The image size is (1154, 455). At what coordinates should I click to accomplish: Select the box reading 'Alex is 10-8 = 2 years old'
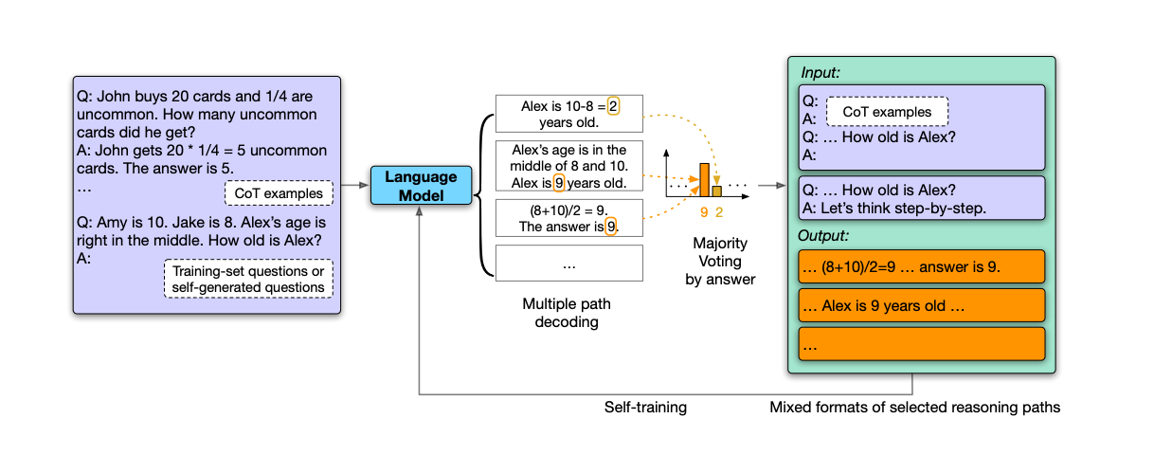coord(568,115)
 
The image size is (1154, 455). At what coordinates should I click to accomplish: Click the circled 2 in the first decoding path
coord(613,106)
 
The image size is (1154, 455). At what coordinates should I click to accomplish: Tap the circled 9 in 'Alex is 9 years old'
coord(559,183)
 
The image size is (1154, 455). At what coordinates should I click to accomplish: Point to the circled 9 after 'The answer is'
coord(611,227)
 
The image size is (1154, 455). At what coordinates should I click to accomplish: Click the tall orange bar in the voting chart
coord(704,179)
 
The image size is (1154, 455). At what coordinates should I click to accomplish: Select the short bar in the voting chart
coord(717,191)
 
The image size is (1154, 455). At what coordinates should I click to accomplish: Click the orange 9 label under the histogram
coord(704,212)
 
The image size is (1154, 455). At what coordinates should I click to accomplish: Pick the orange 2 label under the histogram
coord(718,212)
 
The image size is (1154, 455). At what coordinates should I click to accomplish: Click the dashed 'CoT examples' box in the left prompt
coord(278,193)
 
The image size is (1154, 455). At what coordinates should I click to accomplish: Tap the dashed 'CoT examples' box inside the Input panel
coord(886,112)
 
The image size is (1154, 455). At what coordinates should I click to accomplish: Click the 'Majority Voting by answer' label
coord(720,262)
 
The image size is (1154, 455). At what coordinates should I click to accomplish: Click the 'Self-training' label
coord(645,407)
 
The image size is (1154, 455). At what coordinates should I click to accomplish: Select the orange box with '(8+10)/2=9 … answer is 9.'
coord(921,266)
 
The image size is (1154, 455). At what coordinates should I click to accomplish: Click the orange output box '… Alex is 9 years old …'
coord(921,305)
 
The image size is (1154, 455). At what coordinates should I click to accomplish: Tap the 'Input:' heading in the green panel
coord(820,72)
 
